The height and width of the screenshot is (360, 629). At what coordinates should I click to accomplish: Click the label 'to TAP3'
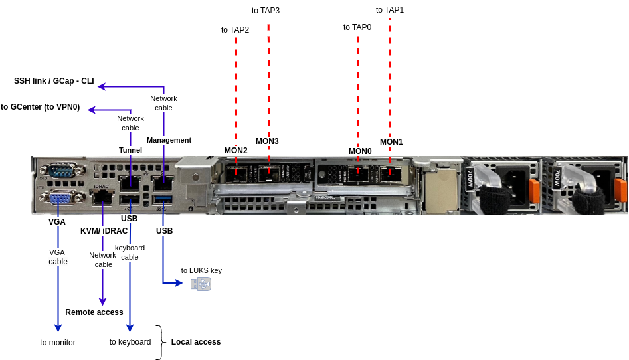coord(266,11)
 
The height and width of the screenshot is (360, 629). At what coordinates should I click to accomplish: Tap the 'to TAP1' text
coord(390,10)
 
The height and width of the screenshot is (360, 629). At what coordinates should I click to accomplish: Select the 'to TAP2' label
coord(235,30)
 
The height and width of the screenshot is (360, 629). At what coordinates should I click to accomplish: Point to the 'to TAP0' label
coord(357,27)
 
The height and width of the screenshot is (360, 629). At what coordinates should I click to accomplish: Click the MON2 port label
coord(236,151)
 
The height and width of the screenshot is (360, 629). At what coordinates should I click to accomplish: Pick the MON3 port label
coord(267,141)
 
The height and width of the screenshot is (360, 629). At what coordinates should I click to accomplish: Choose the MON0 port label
coord(360,151)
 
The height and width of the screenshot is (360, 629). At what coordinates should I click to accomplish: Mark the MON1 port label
coord(391,142)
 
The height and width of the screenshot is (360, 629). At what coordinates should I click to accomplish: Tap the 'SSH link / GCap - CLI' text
coord(54,81)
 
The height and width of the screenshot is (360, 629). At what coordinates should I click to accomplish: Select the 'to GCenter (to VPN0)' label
coord(41,107)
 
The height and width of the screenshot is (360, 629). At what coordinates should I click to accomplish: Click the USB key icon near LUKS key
coord(201,284)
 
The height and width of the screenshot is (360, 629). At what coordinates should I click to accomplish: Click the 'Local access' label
coord(196,342)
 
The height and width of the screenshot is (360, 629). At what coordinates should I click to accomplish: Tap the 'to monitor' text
coord(58,343)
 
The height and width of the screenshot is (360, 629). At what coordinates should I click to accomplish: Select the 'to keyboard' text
coord(130,342)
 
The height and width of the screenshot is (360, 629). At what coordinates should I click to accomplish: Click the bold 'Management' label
coord(169,140)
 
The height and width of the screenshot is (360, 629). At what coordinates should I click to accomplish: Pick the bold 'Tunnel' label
coord(130,150)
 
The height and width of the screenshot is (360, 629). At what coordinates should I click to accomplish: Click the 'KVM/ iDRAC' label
coord(104,231)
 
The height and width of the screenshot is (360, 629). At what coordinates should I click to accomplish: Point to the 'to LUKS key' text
coord(201,270)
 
